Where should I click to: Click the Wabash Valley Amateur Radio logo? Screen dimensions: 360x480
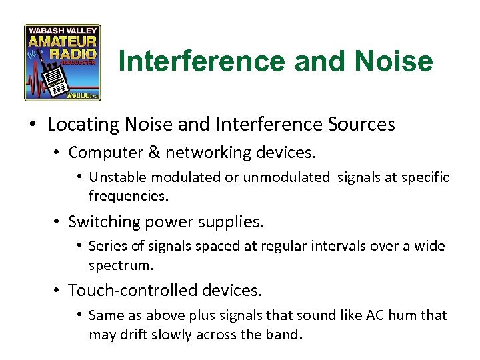point(62,63)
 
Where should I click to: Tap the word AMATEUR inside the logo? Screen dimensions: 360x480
point(62,41)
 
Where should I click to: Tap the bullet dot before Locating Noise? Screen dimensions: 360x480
point(33,125)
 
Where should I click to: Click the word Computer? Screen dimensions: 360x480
point(99,152)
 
